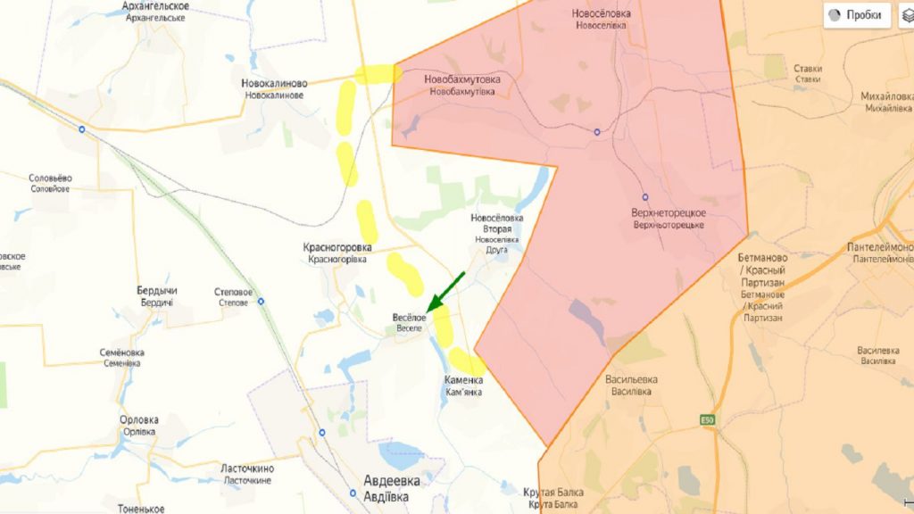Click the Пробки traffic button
pyautogui.click(x=857, y=15)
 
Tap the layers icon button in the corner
pyautogui.click(x=906, y=15)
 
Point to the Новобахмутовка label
pyautogui.click(x=461, y=85)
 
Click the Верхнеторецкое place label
pyautogui.click(x=668, y=219)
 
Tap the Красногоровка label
pyautogui.click(x=338, y=253)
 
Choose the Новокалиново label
pyautogui.click(x=274, y=88)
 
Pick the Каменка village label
pyautogui.click(x=464, y=385)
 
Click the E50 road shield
pyautogui.click(x=707, y=420)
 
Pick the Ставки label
pyautogui.click(x=807, y=72)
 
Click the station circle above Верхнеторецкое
pyautogui.click(x=645, y=197)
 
